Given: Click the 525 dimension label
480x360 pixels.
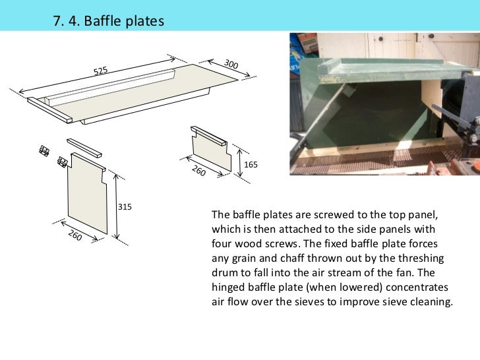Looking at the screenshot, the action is pos(100,71).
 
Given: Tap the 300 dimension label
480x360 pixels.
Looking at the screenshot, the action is pos(231,64).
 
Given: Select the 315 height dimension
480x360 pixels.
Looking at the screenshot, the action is pos(125,207).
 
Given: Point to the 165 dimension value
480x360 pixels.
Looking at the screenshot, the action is pos(251,165).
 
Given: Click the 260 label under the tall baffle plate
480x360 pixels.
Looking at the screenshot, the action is pos(75,235).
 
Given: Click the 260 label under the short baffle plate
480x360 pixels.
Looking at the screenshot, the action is pos(198,171).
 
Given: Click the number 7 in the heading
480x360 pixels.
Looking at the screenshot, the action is pos(57,21).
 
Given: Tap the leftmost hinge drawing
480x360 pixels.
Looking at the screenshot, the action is pos(44,151).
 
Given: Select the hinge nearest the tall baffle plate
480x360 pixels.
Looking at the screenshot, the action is pos(63,162).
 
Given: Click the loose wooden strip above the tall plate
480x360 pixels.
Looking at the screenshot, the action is pos(84,148).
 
